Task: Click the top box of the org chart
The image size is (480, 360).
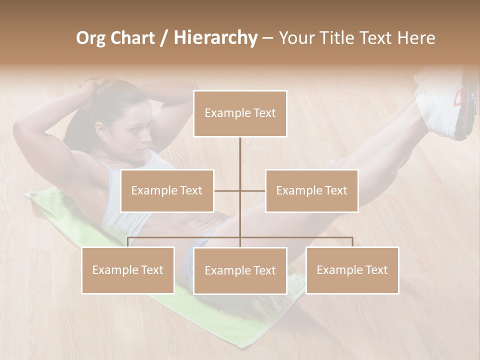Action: click(x=240, y=113)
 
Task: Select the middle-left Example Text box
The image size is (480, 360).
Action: click(x=167, y=190)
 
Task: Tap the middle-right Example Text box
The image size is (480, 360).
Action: click(x=311, y=190)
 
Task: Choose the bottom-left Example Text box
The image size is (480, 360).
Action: click(x=128, y=270)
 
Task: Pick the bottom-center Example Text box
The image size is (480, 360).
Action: click(x=240, y=270)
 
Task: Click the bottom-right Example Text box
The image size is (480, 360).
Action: click(x=352, y=270)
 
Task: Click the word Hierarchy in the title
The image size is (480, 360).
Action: click(x=215, y=38)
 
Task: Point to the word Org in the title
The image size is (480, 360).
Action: click(x=90, y=38)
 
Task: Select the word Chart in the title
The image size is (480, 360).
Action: click(x=132, y=38)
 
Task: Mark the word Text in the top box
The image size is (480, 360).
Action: click(x=263, y=113)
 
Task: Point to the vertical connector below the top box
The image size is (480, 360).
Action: click(x=240, y=160)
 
